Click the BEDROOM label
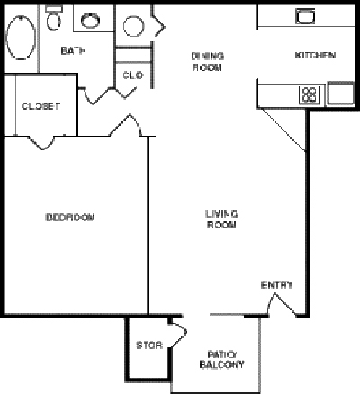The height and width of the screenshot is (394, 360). point(70,218)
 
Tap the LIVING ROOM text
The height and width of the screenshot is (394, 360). point(220,219)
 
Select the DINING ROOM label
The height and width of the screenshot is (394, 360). point(207,61)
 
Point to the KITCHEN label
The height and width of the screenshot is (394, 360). point(315,56)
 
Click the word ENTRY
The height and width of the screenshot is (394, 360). point(276,285)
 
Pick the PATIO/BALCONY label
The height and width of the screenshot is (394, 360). point(221,359)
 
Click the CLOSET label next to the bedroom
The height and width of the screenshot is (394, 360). point(40,106)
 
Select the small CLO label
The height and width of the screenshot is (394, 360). point(132,76)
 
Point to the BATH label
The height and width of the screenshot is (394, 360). point(73,51)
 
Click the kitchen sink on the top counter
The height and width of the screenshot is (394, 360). point(303,15)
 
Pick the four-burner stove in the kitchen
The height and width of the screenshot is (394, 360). point(310,93)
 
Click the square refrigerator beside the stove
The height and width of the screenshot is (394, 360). point(339,94)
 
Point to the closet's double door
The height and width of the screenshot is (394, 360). point(41,140)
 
